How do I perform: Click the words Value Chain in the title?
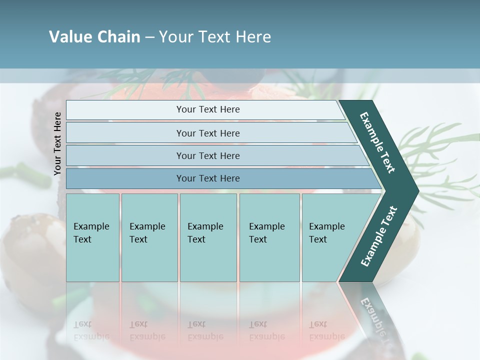pyautogui.click(x=94, y=36)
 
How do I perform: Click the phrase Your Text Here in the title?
pyautogui.click(x=215, y=36)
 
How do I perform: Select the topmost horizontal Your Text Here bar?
pyautogui.click(x=207, y=109)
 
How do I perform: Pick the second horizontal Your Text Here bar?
pyautogui.click(x=207, y=133)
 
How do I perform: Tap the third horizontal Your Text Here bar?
pyautogui.click(x=207, y=155)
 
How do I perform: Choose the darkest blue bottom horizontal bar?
pyautogui.click(x=207, y=178)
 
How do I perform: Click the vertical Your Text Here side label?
pyautogui.click(x=57, y=143)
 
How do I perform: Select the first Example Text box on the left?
pyautogui.click(x=92, y=237)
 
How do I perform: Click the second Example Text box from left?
pyautogui.click(x=149, y=237)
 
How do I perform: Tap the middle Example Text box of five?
pyautogui.click(x=207, y=237)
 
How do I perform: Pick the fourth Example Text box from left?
pyautogui.click(x=269, y=237)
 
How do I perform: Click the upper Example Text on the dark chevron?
pyautogui.click(x=377, y=143)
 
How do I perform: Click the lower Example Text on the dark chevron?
pyautogui.click(x=379, y=236)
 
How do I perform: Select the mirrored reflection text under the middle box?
pyautogui.click(x=205, y=330)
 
